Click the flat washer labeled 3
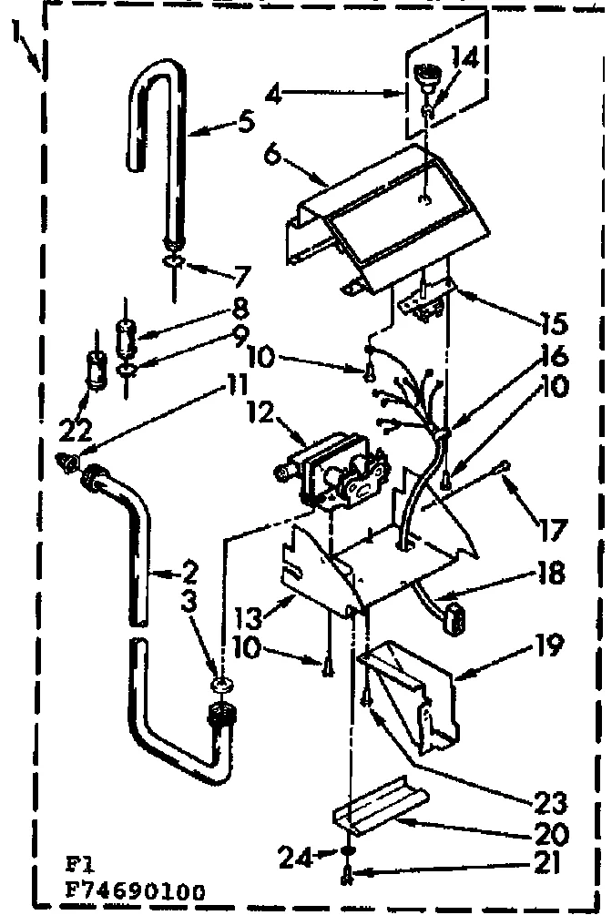click(223, 684)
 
